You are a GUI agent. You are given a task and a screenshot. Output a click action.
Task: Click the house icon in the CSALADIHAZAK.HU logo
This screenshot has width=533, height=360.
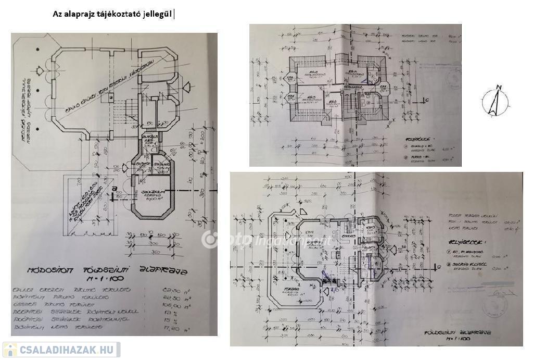[10, 349]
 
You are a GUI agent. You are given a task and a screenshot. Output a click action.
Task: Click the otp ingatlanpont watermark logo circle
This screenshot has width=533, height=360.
[210, 239]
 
